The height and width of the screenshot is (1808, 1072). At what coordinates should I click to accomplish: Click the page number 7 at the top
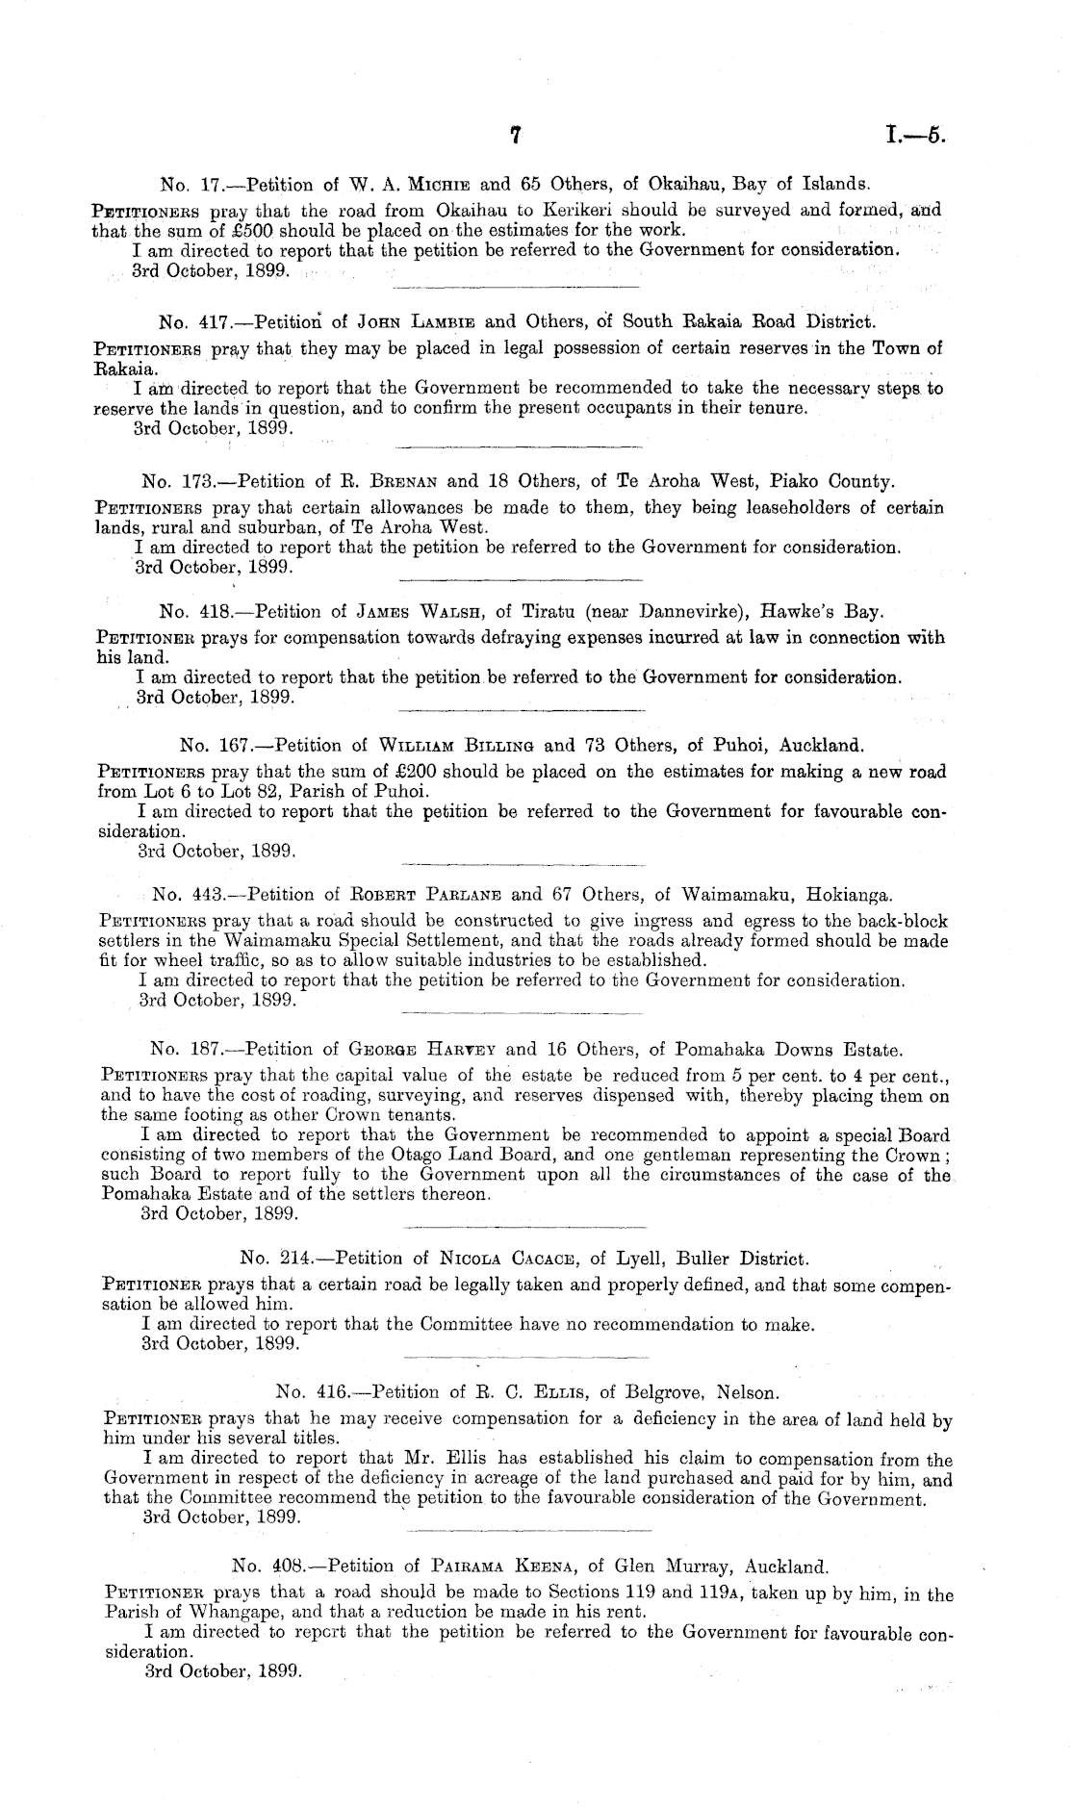pos(516,138)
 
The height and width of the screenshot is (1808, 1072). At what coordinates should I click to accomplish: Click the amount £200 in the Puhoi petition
pos(437,772)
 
